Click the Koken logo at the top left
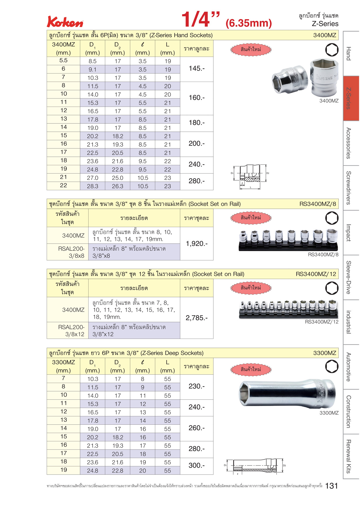[65, 22]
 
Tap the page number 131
[332, 486]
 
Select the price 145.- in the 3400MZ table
[197, 69]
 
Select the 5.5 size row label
[63, 60]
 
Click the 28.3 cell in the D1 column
[93, 186]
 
